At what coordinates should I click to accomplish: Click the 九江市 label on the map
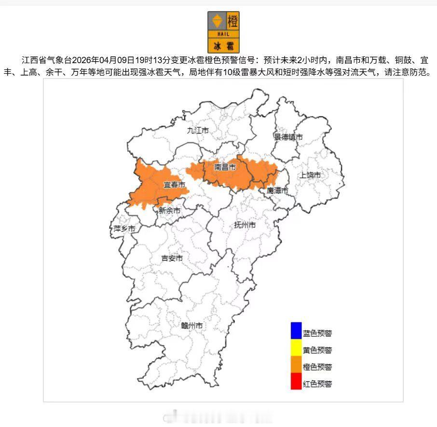[198, 131]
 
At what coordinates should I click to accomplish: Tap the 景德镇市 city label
[288, 137]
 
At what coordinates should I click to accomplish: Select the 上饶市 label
[310, 175]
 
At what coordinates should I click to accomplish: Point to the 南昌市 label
[225, 167]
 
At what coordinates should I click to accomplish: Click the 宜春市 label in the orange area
[174, 185]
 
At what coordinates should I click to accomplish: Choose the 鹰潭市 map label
[277, 191]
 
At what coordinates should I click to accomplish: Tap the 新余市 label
[169, 211]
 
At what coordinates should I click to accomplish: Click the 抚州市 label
[245, 225]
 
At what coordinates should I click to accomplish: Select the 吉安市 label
[172, 258]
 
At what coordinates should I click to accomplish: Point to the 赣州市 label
[191, 326]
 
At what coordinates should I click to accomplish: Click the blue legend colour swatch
[296, 330]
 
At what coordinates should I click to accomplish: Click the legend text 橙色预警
[317, 367]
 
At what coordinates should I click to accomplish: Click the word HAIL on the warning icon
[223, 34]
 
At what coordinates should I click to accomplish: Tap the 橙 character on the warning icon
[232, 21]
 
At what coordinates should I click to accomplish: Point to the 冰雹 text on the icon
[223, 46]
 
